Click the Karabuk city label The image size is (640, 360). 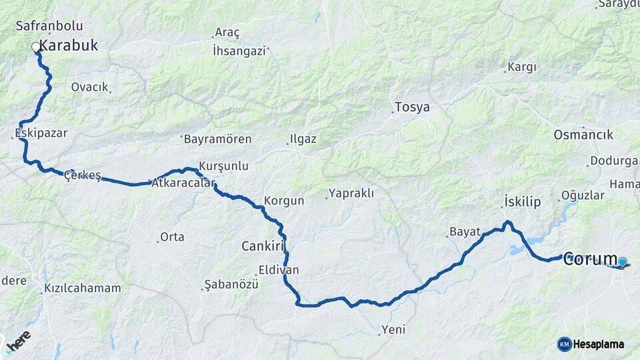click(x=68, y=46)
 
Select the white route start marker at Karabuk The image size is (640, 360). click(x=35, y=47)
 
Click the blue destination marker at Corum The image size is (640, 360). click(x=622, y=262)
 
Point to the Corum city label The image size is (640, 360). click(x=589, y=259)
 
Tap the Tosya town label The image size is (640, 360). click(x=412, y=107)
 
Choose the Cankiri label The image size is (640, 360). click(x=263, y=247)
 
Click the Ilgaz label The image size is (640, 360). click(x=303, y=140)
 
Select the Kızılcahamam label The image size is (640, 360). click(x=83, y=289)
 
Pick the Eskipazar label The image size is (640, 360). click(x=41, y=133)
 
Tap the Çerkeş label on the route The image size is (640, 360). click(x=82, y=176)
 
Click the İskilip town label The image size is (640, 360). click(x=522, y=201)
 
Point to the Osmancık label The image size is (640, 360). click(x=583, y=135)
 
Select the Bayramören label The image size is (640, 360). click(x=217, y=139)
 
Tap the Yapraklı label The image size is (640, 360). click(x=353, y=194)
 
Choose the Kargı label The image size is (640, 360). click(x=521, y=67)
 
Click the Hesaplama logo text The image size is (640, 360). click(x=598, y=344)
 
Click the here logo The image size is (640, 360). click(x=18, y=345)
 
